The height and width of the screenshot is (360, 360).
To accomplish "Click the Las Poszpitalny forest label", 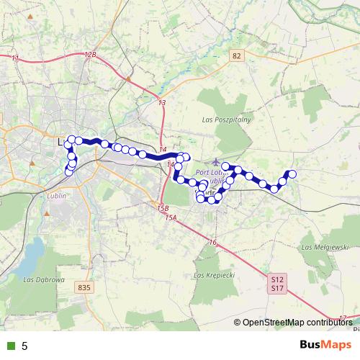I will (225, 120).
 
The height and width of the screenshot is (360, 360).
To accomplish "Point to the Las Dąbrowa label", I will (45, 279).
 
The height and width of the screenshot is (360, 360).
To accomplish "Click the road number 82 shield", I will (237, 55).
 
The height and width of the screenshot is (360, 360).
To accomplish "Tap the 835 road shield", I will (84, 287).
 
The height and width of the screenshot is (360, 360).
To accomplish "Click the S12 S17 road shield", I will (278, 283).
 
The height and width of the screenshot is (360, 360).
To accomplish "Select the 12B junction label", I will (89, 55).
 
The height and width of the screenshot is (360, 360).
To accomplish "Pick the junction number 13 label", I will (162, 104).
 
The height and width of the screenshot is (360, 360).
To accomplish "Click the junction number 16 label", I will (213, 243).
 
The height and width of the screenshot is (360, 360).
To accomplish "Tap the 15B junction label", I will (163, 209).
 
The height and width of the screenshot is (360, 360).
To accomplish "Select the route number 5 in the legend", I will (24, 346).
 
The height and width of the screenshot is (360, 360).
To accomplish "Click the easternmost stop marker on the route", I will (292, 174).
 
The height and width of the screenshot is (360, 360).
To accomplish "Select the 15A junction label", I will (171, 217).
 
